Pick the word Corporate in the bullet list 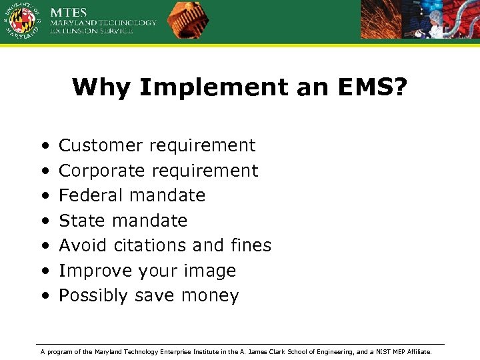click(102, 171)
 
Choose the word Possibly click(94, 296)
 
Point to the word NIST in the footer click(386, 351)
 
